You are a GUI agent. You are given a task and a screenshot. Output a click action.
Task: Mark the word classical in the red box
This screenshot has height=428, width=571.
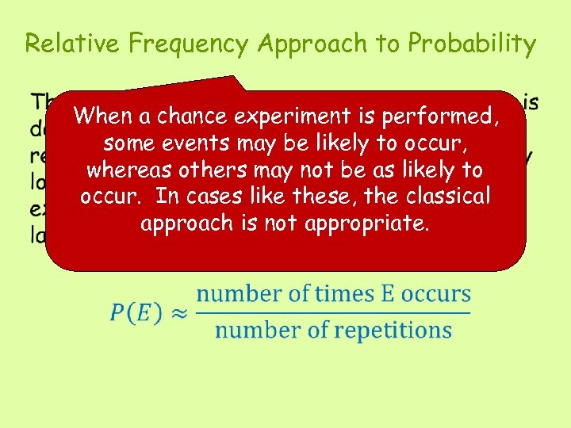pyautogui.click(x=448, y=197)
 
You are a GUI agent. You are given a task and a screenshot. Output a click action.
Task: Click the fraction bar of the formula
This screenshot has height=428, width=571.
pyautogui.click(x=333, y=311)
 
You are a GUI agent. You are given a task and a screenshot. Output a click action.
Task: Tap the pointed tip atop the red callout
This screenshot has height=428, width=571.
pyautogui.click(x=237, y=78)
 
